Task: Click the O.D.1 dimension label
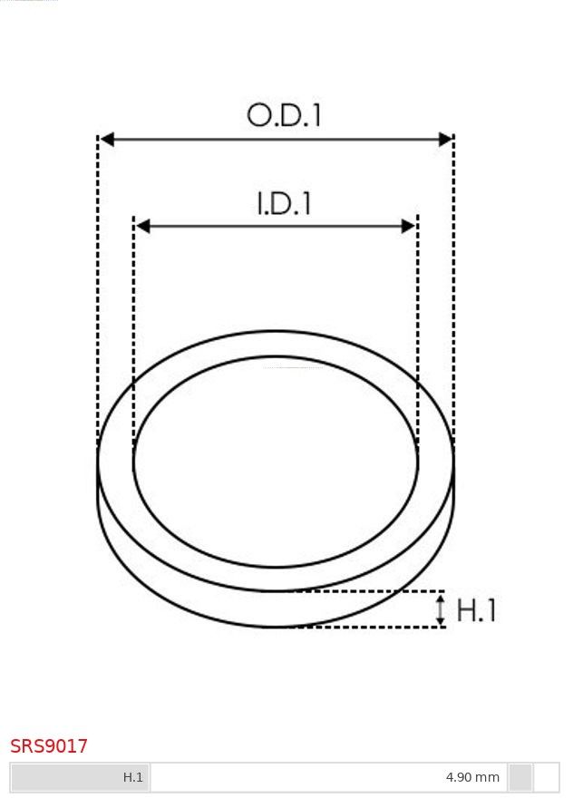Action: point(284,115)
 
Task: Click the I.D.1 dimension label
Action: point(284,203)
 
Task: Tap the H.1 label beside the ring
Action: point(476,609)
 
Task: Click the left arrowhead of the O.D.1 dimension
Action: point(107,139)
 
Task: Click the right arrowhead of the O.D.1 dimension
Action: point(445,139)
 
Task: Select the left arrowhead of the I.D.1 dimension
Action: point(143,226)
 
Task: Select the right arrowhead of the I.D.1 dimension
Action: point(409,226)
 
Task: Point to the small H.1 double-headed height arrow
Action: point(441,609)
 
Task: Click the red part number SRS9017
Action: point(49,746)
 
